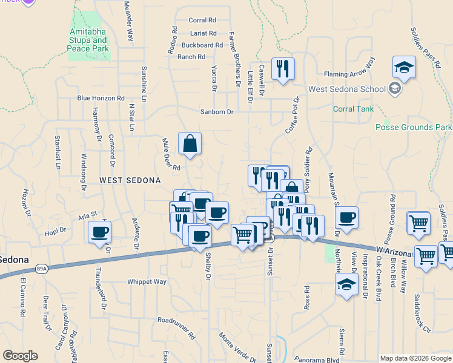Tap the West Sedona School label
[347, 89]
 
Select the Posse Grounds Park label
[414, 127]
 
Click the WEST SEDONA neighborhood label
[130, 180]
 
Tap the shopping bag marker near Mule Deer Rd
[190, 144]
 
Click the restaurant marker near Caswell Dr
[283, 69]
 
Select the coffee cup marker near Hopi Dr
[99, 232]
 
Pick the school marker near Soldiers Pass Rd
[404, 68]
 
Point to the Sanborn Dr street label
[217, 112]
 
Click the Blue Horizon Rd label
[101, 98]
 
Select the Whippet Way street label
[147, 282]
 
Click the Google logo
[20, 356]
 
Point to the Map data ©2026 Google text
[415, 358]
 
